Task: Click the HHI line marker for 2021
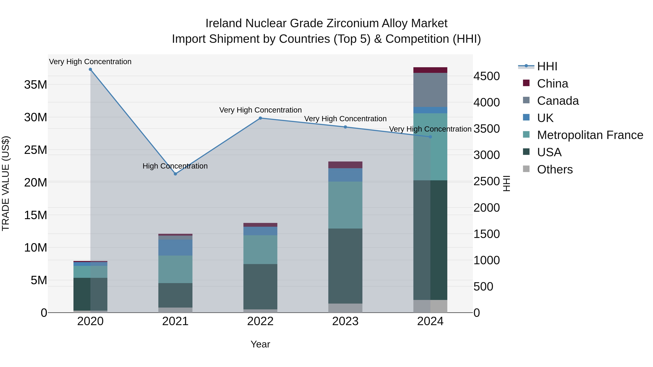pyautogui.click(x=175, y=174)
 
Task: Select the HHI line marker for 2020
pyautogui.click(x=90, y=69)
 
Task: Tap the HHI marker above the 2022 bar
pyautogui.click(x=260, y=118)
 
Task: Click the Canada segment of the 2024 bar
pyautogui.click(x=430, y=90)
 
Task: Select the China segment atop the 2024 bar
pyautogui.click(x=430, y=70)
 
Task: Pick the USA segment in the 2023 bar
pyautogui.click(x=345, y=266)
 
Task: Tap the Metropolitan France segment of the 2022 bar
pyautogui.click(x=260, y=250)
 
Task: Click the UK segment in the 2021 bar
pyautogui.click(x=175, y=247)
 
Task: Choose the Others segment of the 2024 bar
pyautogui.click(x=430, y=306)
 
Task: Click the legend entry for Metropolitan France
pyautogui.click(x=590, y=135)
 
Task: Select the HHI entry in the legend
pyautogui.click(x=547, y=66)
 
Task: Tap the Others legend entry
pyautogui.click(x=555, y=169)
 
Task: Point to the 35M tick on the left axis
pyautogui.click(x=36, y=85)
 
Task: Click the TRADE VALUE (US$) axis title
pyautogui.click(x=6, y=183)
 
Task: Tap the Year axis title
pyautogui.click(x=260, y=344)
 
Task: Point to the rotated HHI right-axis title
pyautogui.click(x=506, y=183)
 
